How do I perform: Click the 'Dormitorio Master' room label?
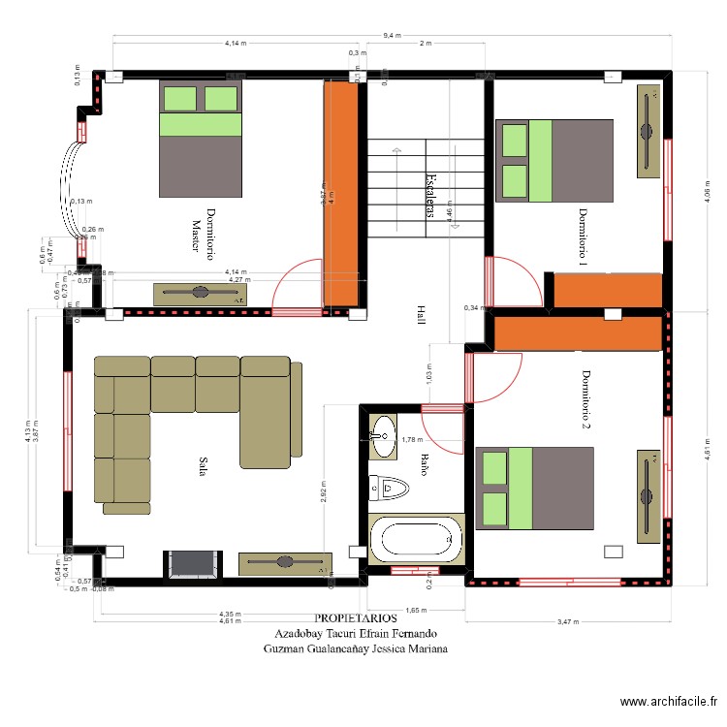click(x=202, y=233)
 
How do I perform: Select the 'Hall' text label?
click(x=421, y=315)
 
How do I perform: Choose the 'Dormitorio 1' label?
click(x=584, y=237)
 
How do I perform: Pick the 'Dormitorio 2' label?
click(x=585, y=399)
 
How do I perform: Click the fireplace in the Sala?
click(x=191, y=564)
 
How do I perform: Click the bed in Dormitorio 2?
click(x=534, y=489)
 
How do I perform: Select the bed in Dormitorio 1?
click(x=554, y=161)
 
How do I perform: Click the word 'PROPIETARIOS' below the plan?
click(x=356, y=617)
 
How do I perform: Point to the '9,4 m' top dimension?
click(x=391, y=35)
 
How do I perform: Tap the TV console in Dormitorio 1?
click(x=648, y=132)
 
